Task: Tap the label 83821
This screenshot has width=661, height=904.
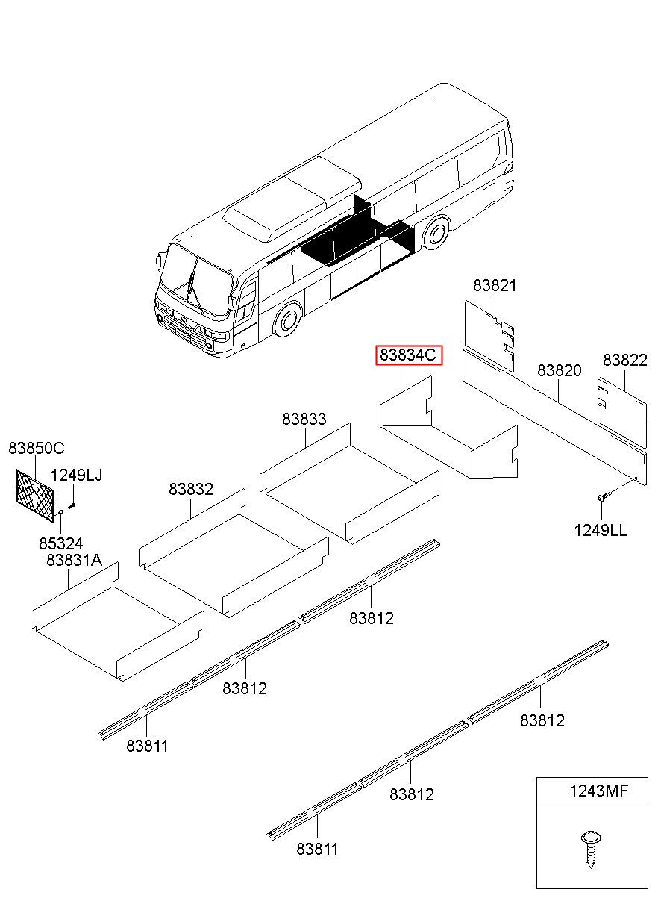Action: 495,286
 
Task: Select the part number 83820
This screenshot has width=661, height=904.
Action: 559,371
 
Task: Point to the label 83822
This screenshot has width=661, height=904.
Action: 624,361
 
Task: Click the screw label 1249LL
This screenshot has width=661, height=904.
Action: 600,531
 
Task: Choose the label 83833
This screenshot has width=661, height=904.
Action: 304,420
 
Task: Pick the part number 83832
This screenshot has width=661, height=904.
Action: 190,490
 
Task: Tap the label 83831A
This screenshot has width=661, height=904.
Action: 74,560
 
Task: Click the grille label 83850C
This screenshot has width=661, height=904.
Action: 36,449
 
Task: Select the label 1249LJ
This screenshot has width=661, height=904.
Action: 76,476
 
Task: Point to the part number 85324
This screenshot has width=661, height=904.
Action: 60,543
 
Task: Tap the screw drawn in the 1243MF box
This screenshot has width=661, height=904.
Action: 589,848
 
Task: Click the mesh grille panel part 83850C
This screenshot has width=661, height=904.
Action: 36,492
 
